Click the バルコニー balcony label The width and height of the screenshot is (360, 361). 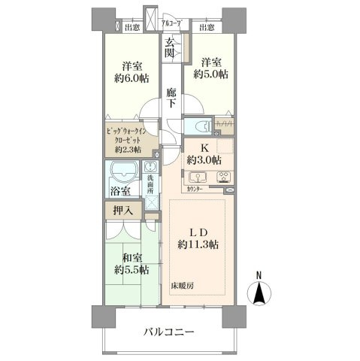(x=169, y=331)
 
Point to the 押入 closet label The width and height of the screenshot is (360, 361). (x=123, y=211)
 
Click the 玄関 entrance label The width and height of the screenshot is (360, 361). (x=171, y=47)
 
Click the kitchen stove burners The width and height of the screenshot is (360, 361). (x=222, y=177)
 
